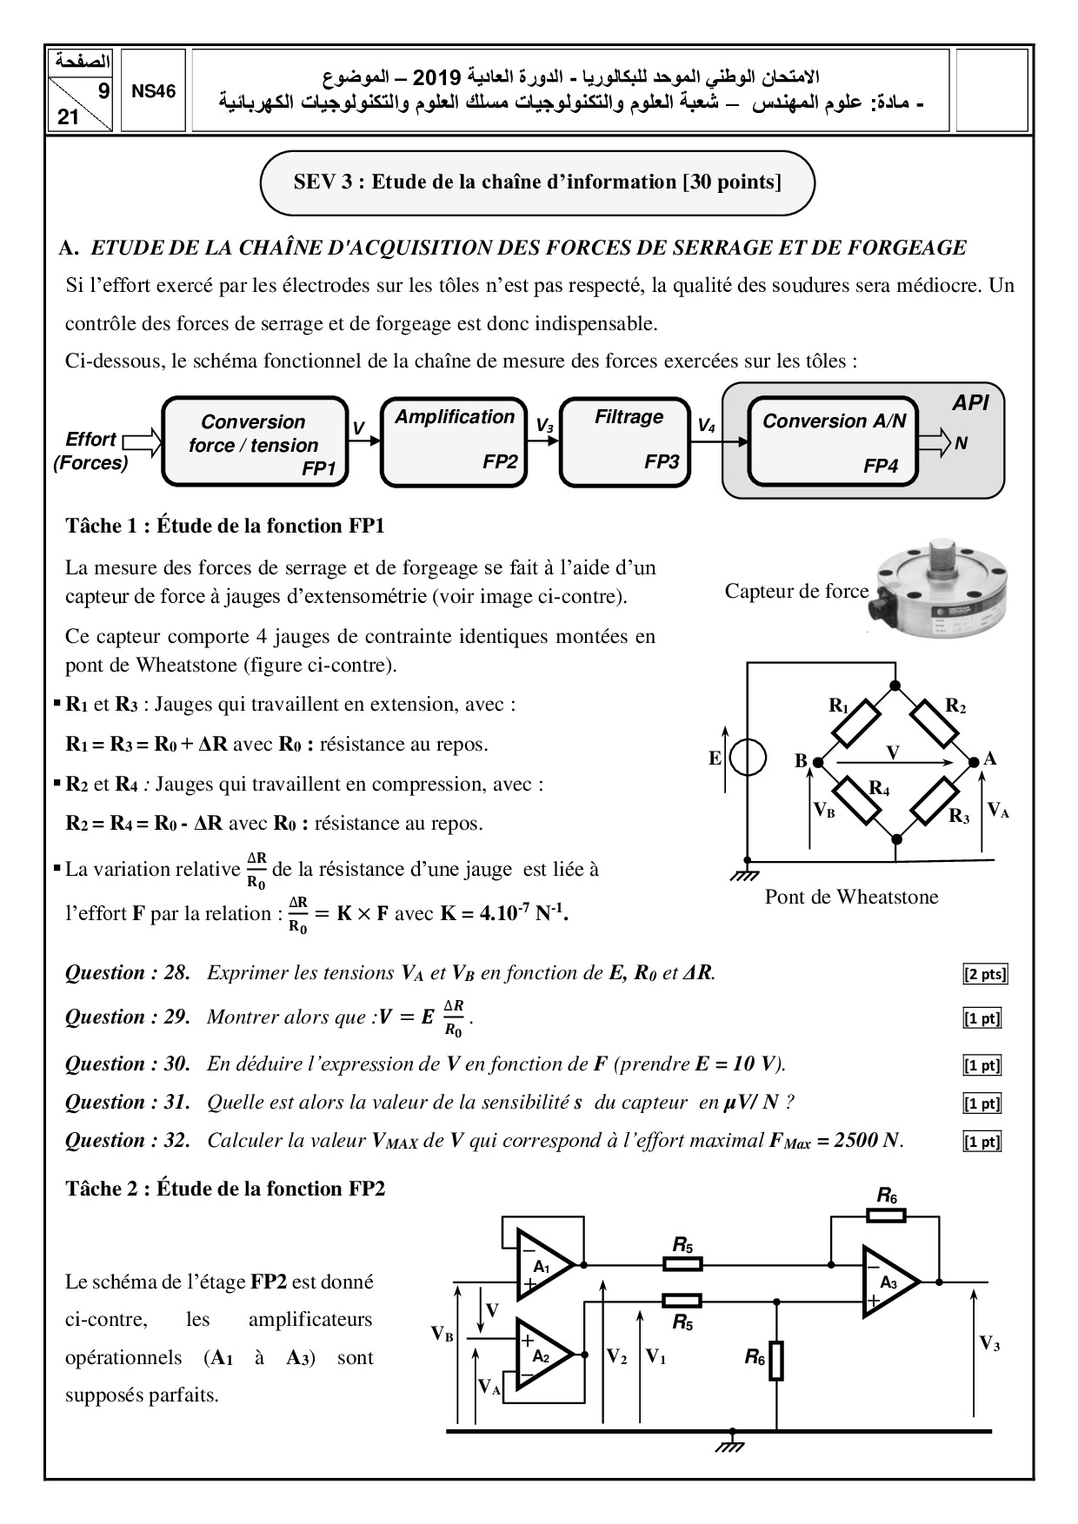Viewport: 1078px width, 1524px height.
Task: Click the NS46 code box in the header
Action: (x=153, y=91)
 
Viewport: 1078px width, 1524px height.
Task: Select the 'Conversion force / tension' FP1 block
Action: (x=254, y=441)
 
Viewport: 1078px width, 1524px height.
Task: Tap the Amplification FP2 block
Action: (x=455, y=441)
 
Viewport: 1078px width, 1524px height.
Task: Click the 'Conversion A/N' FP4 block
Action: (x=834, y=441)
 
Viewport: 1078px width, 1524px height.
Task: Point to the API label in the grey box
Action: (x=969, y=402)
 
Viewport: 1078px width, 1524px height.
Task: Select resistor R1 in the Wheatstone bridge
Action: (x=855, y=727)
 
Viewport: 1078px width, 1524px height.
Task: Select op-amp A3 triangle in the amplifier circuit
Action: (x=888, y=1282)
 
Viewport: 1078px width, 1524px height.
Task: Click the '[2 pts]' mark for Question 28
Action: (x=984, y=974)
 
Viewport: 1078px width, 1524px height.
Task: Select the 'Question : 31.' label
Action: (x=128, y=1102)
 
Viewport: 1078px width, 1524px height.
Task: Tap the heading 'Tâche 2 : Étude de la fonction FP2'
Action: (x=225, y=1189)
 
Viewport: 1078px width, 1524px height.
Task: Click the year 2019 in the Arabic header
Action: (x=435, y=76)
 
